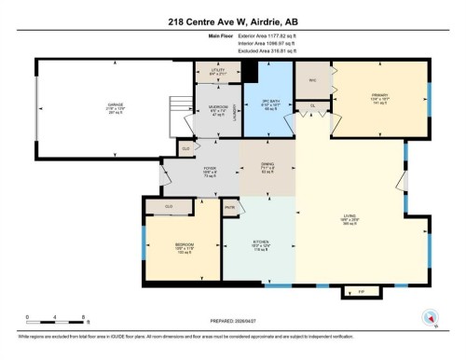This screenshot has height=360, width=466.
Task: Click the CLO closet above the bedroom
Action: coord(169,207)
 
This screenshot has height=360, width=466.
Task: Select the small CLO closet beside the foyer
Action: coord(186,147)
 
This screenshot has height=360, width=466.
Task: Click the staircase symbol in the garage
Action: coord(176,112)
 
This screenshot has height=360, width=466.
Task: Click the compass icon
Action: coord(430,317)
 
